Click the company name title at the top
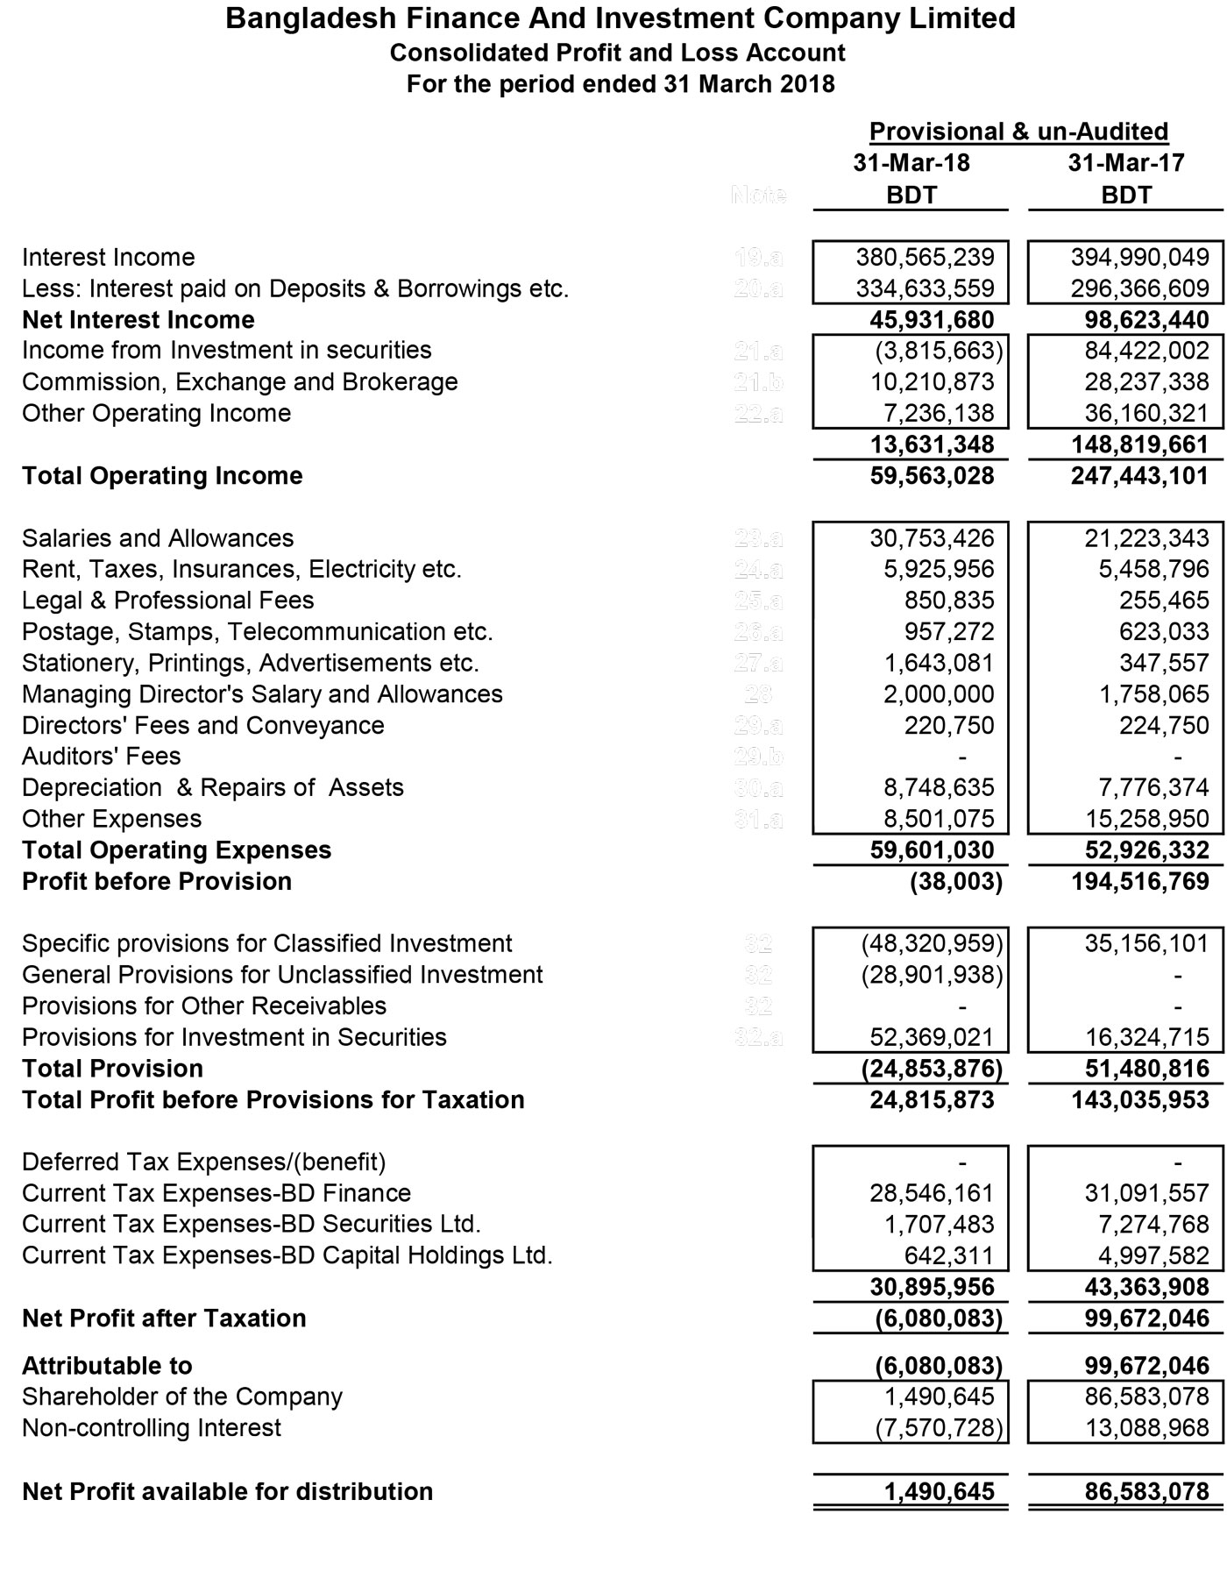[620, 18]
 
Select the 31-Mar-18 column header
[911, 163]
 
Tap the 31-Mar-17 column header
[1126, 163]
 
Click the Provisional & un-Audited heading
[1018, 131]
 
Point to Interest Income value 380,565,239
[925, 257]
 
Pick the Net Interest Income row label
[138, 320]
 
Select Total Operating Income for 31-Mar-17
[1139, 476]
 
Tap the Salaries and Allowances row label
[158, 538]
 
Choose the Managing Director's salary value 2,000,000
[939, 694]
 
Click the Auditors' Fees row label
[101, 757]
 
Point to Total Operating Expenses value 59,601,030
[932, 850]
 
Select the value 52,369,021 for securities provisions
[932, 1038]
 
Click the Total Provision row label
[112, 1069]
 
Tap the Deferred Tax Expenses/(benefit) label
[203, 1162]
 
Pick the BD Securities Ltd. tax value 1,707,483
[939, 1225]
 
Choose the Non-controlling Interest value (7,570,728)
[938, 1428]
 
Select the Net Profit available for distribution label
[227, 1492]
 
